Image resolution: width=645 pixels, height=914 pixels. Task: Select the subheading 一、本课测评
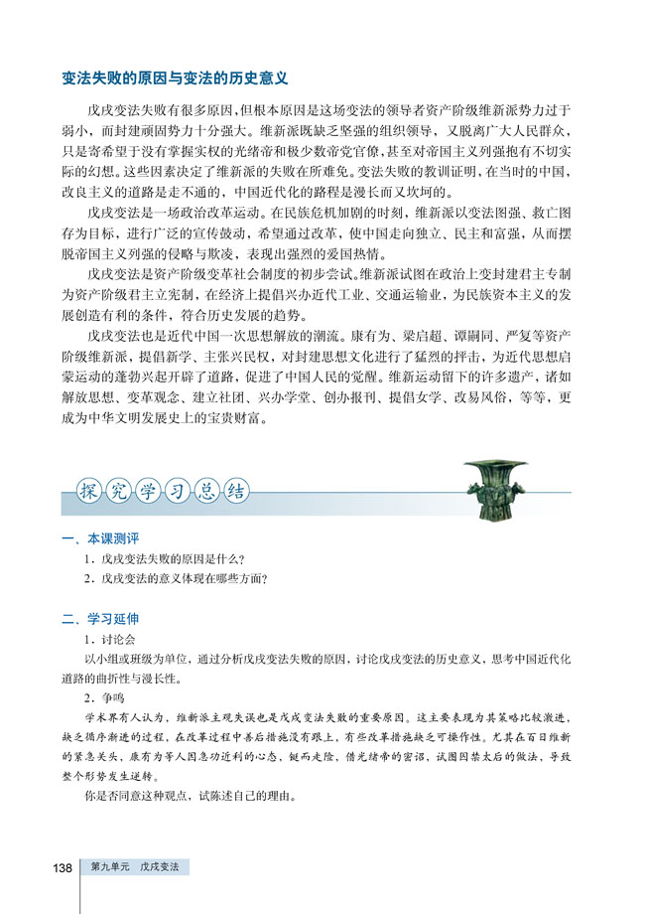tap(100, 538)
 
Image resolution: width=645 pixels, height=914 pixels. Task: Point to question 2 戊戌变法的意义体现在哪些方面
tap(178, 578)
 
